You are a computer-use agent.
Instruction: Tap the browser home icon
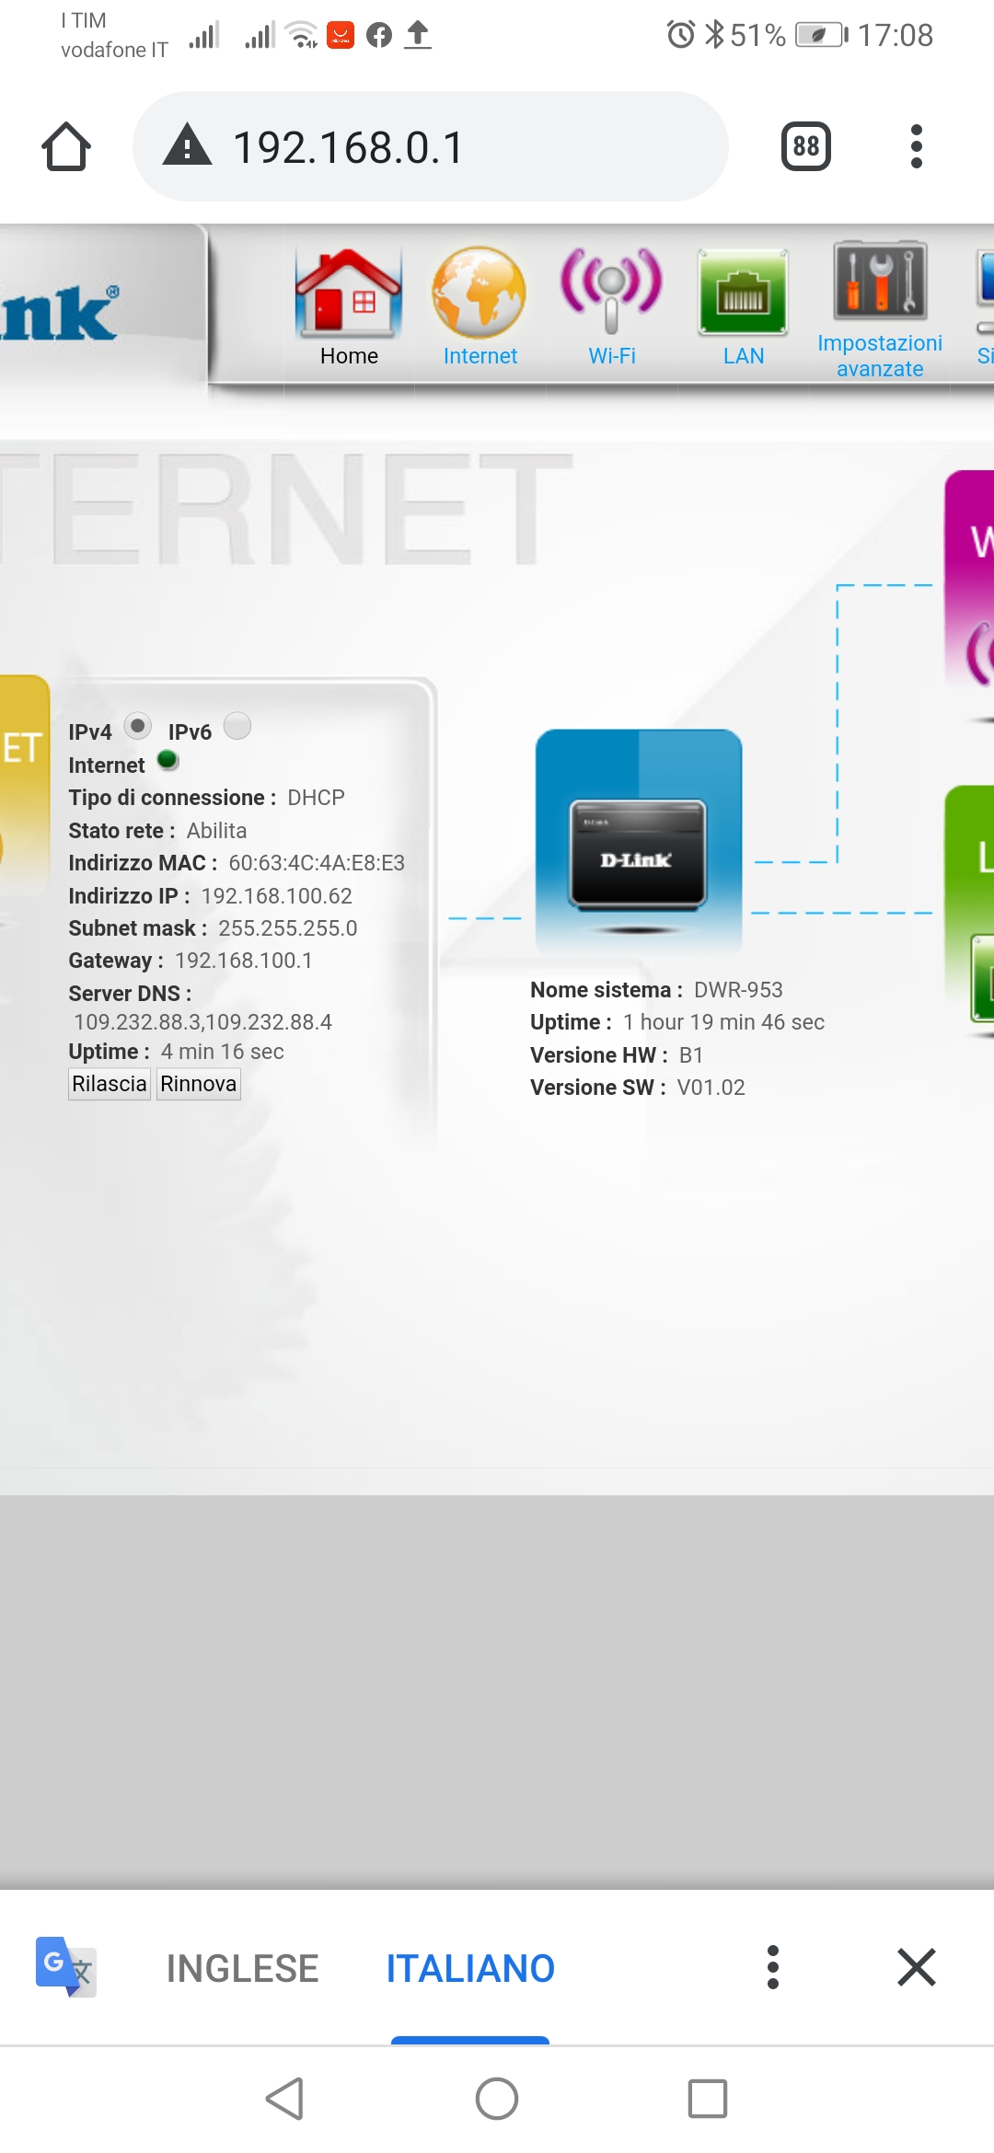tap(66, 147)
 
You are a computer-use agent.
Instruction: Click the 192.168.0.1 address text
tap(349, 147)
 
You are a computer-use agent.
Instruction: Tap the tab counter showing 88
tap(806, 146)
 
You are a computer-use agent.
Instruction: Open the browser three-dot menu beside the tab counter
tap(916, 146)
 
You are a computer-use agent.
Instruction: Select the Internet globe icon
tap(480, 291)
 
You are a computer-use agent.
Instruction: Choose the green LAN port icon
tap(743, 291)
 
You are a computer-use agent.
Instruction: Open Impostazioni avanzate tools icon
tap(880, 281)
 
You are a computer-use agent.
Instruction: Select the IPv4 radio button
tap(137, 726)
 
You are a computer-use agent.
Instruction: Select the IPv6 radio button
tap(237, 726)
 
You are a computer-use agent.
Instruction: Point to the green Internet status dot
tap(168, 760)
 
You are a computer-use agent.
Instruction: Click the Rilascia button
tap(110, 1084)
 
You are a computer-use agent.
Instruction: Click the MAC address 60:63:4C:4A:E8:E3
tap(317, 863)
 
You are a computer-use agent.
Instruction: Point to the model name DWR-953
tap(738, 990)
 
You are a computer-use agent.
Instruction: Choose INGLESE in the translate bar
tap(242, 1968)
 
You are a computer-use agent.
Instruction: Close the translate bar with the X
tap(916, 1967)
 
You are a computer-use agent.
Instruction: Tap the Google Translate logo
tap(65, 1967)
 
